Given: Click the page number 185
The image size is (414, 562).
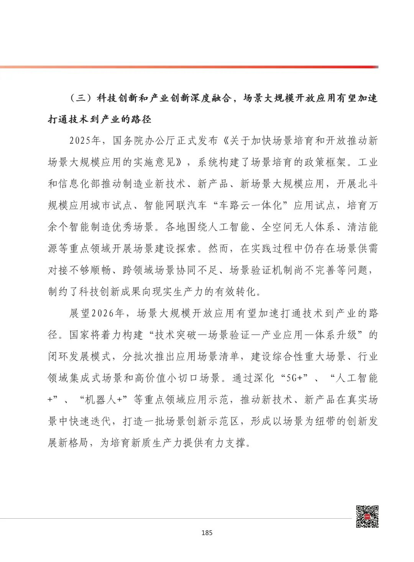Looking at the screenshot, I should coord(207,532).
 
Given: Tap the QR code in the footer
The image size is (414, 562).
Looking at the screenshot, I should coord(367,516).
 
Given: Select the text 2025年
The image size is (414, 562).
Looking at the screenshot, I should coord(85,141).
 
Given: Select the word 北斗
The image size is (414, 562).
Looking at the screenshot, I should coord(368,184).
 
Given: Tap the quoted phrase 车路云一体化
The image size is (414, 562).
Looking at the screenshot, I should coord(253,206).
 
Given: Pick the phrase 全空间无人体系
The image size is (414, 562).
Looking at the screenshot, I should coord(298,227).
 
